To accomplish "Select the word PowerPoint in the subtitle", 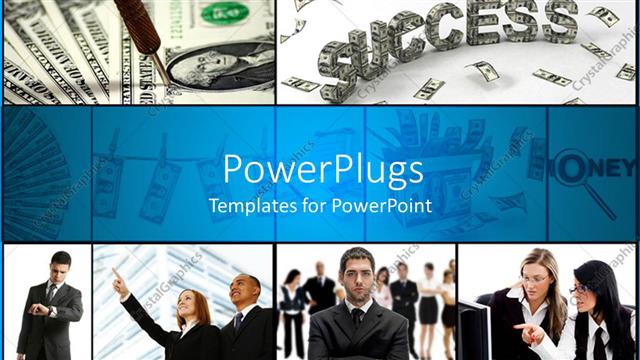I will click(383, 207).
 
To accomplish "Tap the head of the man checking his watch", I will click(60, 267).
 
